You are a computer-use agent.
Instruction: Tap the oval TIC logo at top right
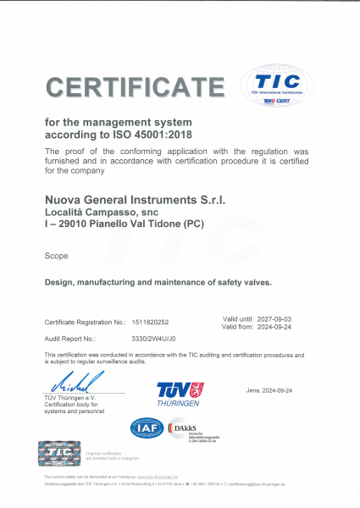click(x=278, y=86)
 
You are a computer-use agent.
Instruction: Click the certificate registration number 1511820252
click(x=151, y=323)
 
